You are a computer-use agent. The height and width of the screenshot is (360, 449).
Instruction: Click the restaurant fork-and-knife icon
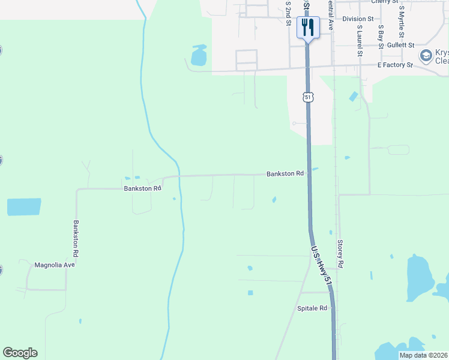(x=308, y=27)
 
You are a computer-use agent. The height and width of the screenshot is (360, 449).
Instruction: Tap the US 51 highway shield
(x=308, y=97)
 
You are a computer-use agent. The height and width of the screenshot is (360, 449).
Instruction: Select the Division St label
(x=358, y=19)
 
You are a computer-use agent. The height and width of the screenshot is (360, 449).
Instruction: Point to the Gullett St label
(x=400, y=45)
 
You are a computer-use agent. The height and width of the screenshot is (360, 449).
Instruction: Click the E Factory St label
(x=395, y=65)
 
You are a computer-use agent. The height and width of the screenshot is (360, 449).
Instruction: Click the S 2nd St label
(x=289, y=13)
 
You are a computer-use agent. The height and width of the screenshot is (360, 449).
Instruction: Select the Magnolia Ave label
(x=55, y=265)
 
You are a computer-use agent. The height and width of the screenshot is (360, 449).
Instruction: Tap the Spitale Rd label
(x=312, y=308)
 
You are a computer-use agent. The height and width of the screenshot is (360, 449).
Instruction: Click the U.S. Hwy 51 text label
(x=322, y=264)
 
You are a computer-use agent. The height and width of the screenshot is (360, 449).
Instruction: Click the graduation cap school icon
(x=426, y=56)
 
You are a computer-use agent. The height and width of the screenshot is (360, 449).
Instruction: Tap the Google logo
(x=20, y=353)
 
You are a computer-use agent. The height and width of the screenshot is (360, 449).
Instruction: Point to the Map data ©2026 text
(x=424, y=355)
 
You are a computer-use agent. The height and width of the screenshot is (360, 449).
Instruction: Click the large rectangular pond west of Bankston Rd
(x=24, y=207)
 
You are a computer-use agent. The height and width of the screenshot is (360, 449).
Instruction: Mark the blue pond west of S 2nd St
(x=198, y=56)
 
